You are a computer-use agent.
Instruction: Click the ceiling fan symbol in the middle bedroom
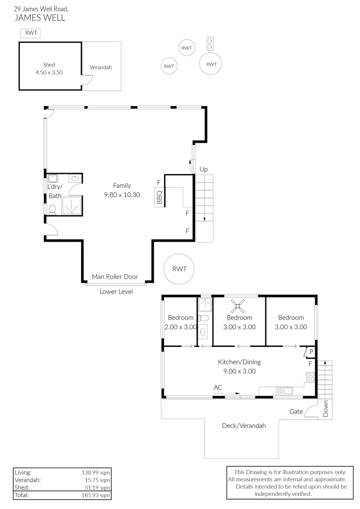tap(238, 306)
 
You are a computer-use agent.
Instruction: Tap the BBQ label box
tap(159, 197)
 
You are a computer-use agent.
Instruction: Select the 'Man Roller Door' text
tap(115, 277)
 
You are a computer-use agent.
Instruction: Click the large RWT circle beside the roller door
tap(179, 269)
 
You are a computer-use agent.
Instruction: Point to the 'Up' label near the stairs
tap(204, 170)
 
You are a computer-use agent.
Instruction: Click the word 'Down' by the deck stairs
tap(326, 408)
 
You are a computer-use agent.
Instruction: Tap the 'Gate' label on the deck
tap(296, 411)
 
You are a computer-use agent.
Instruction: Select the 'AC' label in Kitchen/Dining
tap(218, 387)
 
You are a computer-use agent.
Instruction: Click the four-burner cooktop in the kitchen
tap(311, 377)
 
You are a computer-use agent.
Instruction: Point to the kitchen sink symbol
tap(284, 391)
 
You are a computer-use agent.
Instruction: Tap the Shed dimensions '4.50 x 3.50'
tap(49, 73)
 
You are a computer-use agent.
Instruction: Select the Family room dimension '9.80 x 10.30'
tap(122, 195)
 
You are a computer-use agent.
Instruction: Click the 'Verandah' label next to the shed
tap(101, 67)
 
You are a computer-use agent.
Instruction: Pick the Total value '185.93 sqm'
tap(96, 495)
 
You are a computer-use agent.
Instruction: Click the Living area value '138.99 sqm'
tap(96, 473)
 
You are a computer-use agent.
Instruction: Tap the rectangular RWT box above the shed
tap(31, 33)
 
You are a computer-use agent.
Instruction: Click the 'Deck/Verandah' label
tap(244, 426)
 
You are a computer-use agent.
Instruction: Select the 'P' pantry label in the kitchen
tap(311, 352)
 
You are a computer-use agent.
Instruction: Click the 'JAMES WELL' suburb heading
tap(40, 17)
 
